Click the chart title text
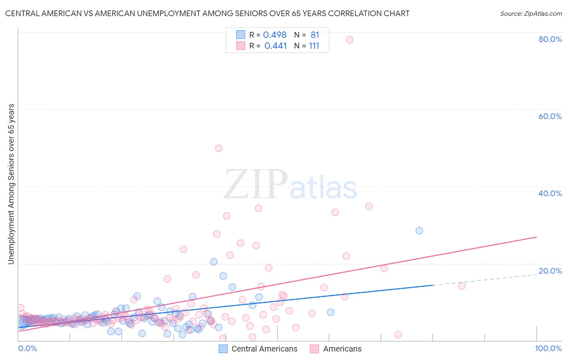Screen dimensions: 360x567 tap(207, 13)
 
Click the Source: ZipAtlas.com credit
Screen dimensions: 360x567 tap(531, 13)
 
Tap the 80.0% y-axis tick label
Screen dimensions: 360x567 tap(550, 39)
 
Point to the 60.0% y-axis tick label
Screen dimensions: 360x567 tap(550, 116)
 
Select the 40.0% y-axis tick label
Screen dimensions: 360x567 tap(550, 193)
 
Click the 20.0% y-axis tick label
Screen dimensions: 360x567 tap(550, 271)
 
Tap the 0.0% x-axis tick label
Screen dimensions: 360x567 tap(27, 349)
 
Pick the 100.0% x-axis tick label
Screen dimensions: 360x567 tap(548, 349)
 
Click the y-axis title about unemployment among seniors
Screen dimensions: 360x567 tap(11, 184)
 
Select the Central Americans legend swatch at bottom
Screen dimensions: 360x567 tap(223, 349)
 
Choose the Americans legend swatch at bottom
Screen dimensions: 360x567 tap(315, 349)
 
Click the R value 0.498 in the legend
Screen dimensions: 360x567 tap(275, 35)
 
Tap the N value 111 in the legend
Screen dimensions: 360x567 tap(314, 46)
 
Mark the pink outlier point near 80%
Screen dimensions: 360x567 tap(350, 40)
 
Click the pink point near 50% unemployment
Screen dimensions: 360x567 tap(219, 148)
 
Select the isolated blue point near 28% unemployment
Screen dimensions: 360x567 tap(419, 230)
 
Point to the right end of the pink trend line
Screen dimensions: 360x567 tap(536, 237)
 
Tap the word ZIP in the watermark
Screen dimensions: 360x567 tap(255, 185)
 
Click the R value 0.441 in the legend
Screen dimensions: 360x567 tap(275, 46)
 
